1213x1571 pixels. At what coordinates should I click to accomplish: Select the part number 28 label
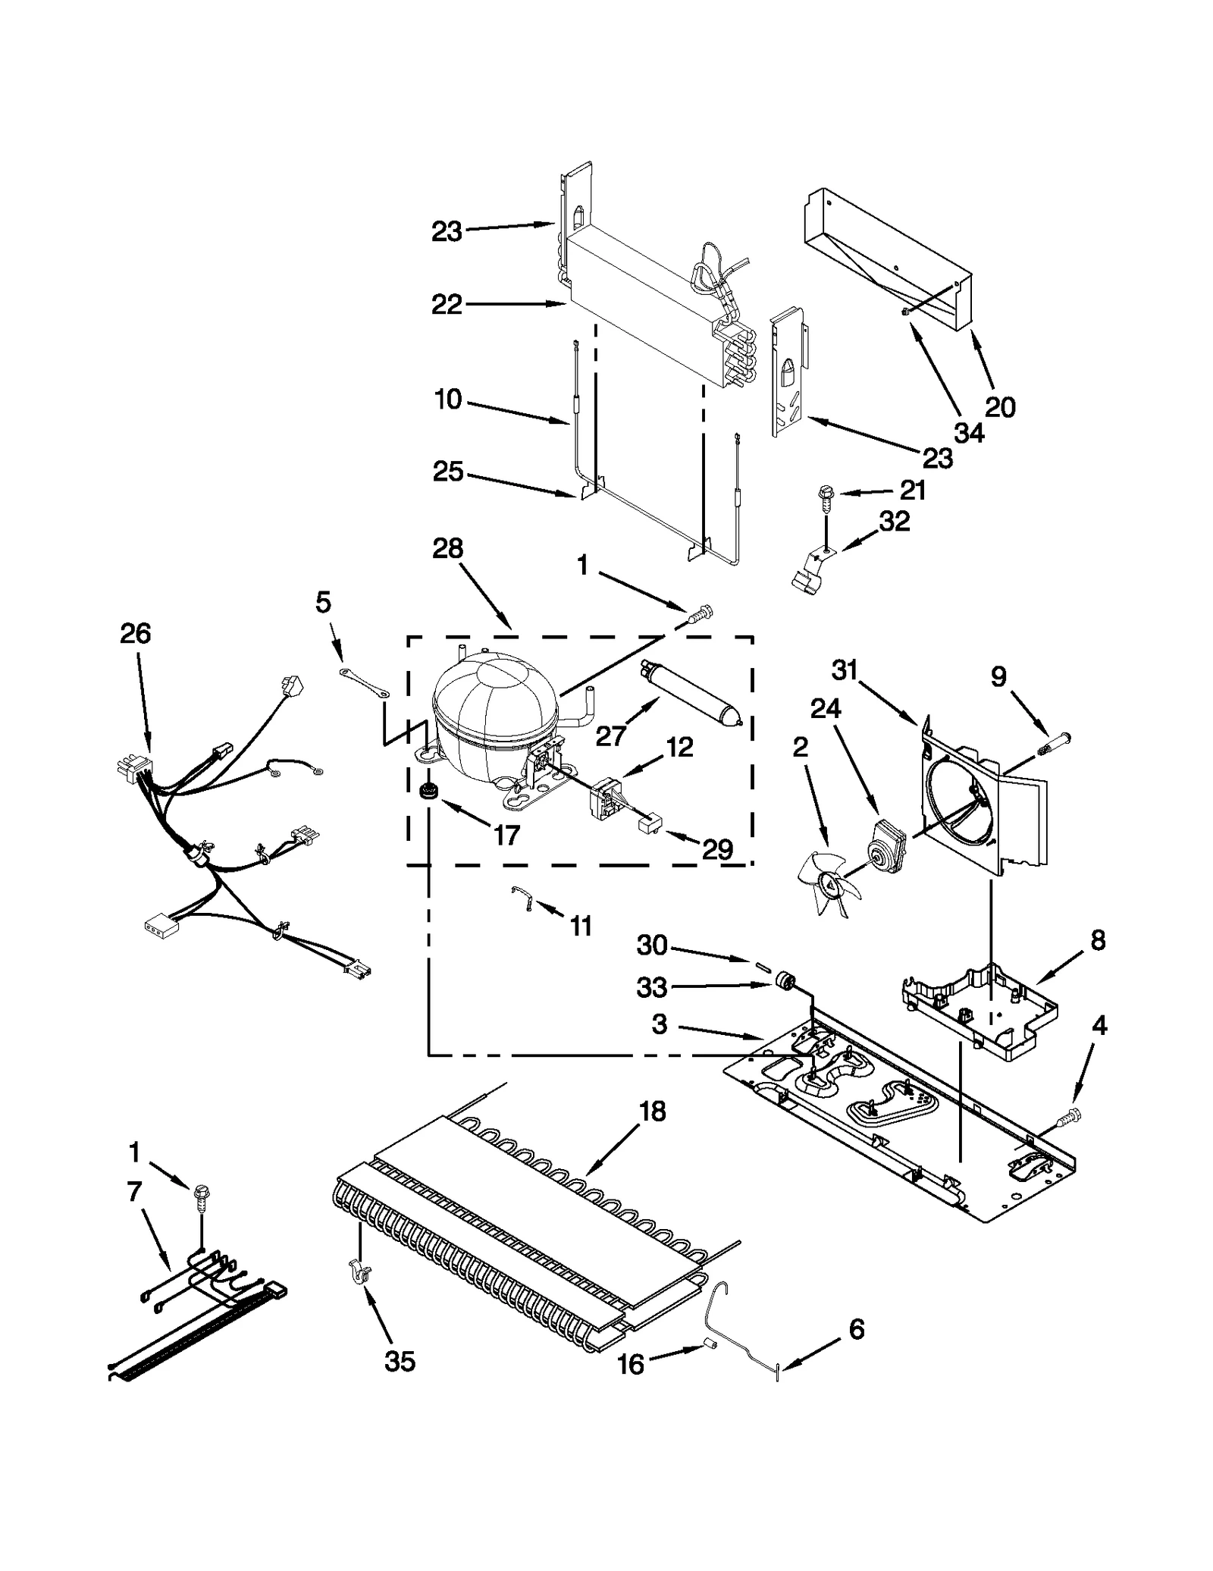click(x=447, y=548)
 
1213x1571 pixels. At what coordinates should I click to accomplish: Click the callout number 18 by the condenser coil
click(x=652, y=1112)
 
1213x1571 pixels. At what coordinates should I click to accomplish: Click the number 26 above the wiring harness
click(x=135, y=633)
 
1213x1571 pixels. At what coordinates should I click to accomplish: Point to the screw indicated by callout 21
click(x=825, y=496)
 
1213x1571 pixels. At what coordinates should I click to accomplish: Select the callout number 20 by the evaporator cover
click(x=999, y=407)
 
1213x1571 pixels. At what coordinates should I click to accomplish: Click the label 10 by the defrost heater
click(x=448, y=400)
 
